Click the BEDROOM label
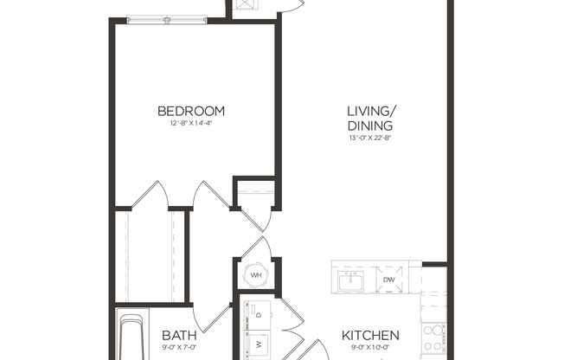[191, 111]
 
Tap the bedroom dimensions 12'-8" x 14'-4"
[191, 124]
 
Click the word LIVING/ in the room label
[371, 111]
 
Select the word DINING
[371, 126]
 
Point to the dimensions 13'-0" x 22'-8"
[371, 138]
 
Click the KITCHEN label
[370, 336]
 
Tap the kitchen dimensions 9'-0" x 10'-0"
[370, 349]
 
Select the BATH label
[179, 336]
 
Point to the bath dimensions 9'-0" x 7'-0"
[179, 349]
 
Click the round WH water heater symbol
[255, 276]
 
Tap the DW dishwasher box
[389, 280]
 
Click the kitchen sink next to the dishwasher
[351, 280]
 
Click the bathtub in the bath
[131, 338]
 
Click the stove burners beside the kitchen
[433, 337]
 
